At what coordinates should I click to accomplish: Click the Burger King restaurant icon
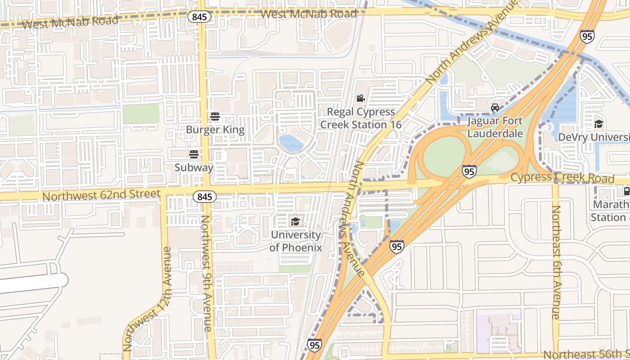click(x=215, y=117)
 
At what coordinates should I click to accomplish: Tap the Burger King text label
click(x=216, y=130)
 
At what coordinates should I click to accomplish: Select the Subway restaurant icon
click(x=194, y=154)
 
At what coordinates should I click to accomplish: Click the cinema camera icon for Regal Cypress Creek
click(x=360, y=99)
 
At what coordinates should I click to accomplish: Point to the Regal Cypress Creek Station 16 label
click(x=361, y=118)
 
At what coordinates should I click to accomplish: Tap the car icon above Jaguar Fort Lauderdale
click(x=495, y=108)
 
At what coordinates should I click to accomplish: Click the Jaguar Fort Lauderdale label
click(x=495, y=127)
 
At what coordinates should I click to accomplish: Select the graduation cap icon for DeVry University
click(x=598, y=124)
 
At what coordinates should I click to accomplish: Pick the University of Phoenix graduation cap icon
click(x=295, y=221)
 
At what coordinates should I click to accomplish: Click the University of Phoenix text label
click(x=296, y=241)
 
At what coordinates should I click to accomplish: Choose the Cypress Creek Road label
click(x=562, y=178)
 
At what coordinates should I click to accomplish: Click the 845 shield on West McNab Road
click(x=198, y=17)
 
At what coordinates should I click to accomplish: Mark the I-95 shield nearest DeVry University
click(x=587, y=36)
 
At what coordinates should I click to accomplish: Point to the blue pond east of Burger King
click(x=291, y=143)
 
